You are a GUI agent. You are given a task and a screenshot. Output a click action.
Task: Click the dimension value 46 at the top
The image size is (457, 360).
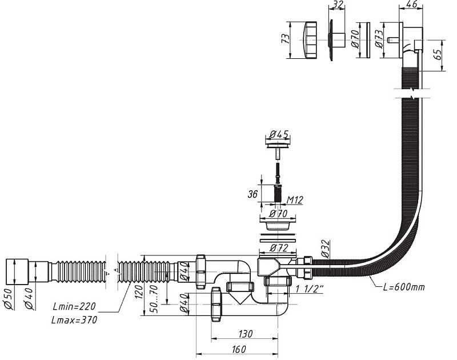(411, 5)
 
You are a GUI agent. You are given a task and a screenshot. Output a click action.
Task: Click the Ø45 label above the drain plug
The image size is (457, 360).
(278, 135)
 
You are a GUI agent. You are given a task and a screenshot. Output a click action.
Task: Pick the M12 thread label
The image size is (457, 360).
(295, 199)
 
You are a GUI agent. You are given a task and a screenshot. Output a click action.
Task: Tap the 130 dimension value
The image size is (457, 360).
(245, 333)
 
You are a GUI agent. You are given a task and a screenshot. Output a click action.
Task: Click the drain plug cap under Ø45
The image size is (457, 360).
(278, 147)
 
